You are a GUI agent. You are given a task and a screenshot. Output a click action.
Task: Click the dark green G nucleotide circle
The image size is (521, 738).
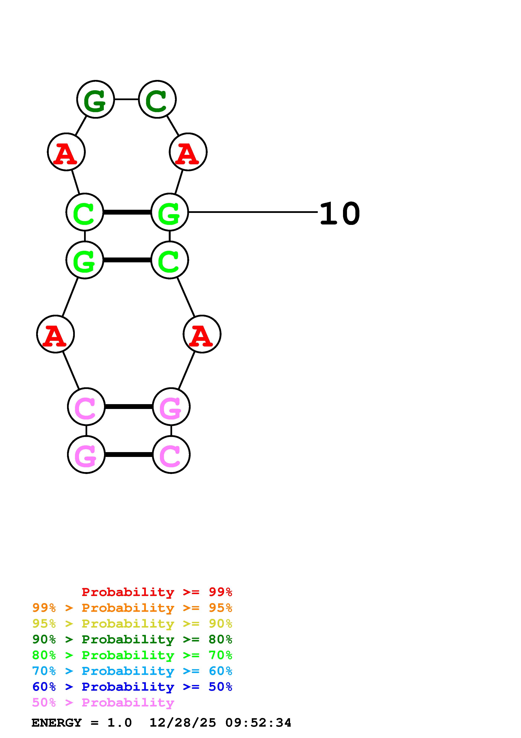click(x=95, y=99)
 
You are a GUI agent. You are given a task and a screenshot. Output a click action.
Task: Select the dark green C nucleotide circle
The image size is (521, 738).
click(x=157, y=99)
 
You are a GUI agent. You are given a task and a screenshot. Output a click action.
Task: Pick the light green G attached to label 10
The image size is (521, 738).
click(x=169, y=212)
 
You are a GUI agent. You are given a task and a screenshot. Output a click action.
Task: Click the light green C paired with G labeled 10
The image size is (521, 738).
click(x=85, y=212)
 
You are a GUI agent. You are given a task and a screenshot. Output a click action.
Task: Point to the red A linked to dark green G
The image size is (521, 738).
click(x=66, y=152)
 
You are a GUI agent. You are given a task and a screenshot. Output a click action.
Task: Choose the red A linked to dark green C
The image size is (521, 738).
click(x=188, y=152)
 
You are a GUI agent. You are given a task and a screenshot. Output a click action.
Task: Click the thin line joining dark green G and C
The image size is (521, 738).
click(x=127, y=99)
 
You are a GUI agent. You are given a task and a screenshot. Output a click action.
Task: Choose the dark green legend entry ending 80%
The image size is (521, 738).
click(x=132, y=639)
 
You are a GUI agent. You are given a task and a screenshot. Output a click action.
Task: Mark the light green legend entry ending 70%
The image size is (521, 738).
click(x=132, y=655)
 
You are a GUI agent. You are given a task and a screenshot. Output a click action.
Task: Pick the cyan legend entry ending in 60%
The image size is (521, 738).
click(x=132, y=671)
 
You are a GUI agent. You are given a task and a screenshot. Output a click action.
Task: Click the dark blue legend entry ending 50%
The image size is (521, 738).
click(x=132, y=687)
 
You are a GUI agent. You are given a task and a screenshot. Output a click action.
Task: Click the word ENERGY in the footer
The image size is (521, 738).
click(x=57, y=723)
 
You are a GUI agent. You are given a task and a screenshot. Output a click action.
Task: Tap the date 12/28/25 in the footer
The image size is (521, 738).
click(x=183, y=723)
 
